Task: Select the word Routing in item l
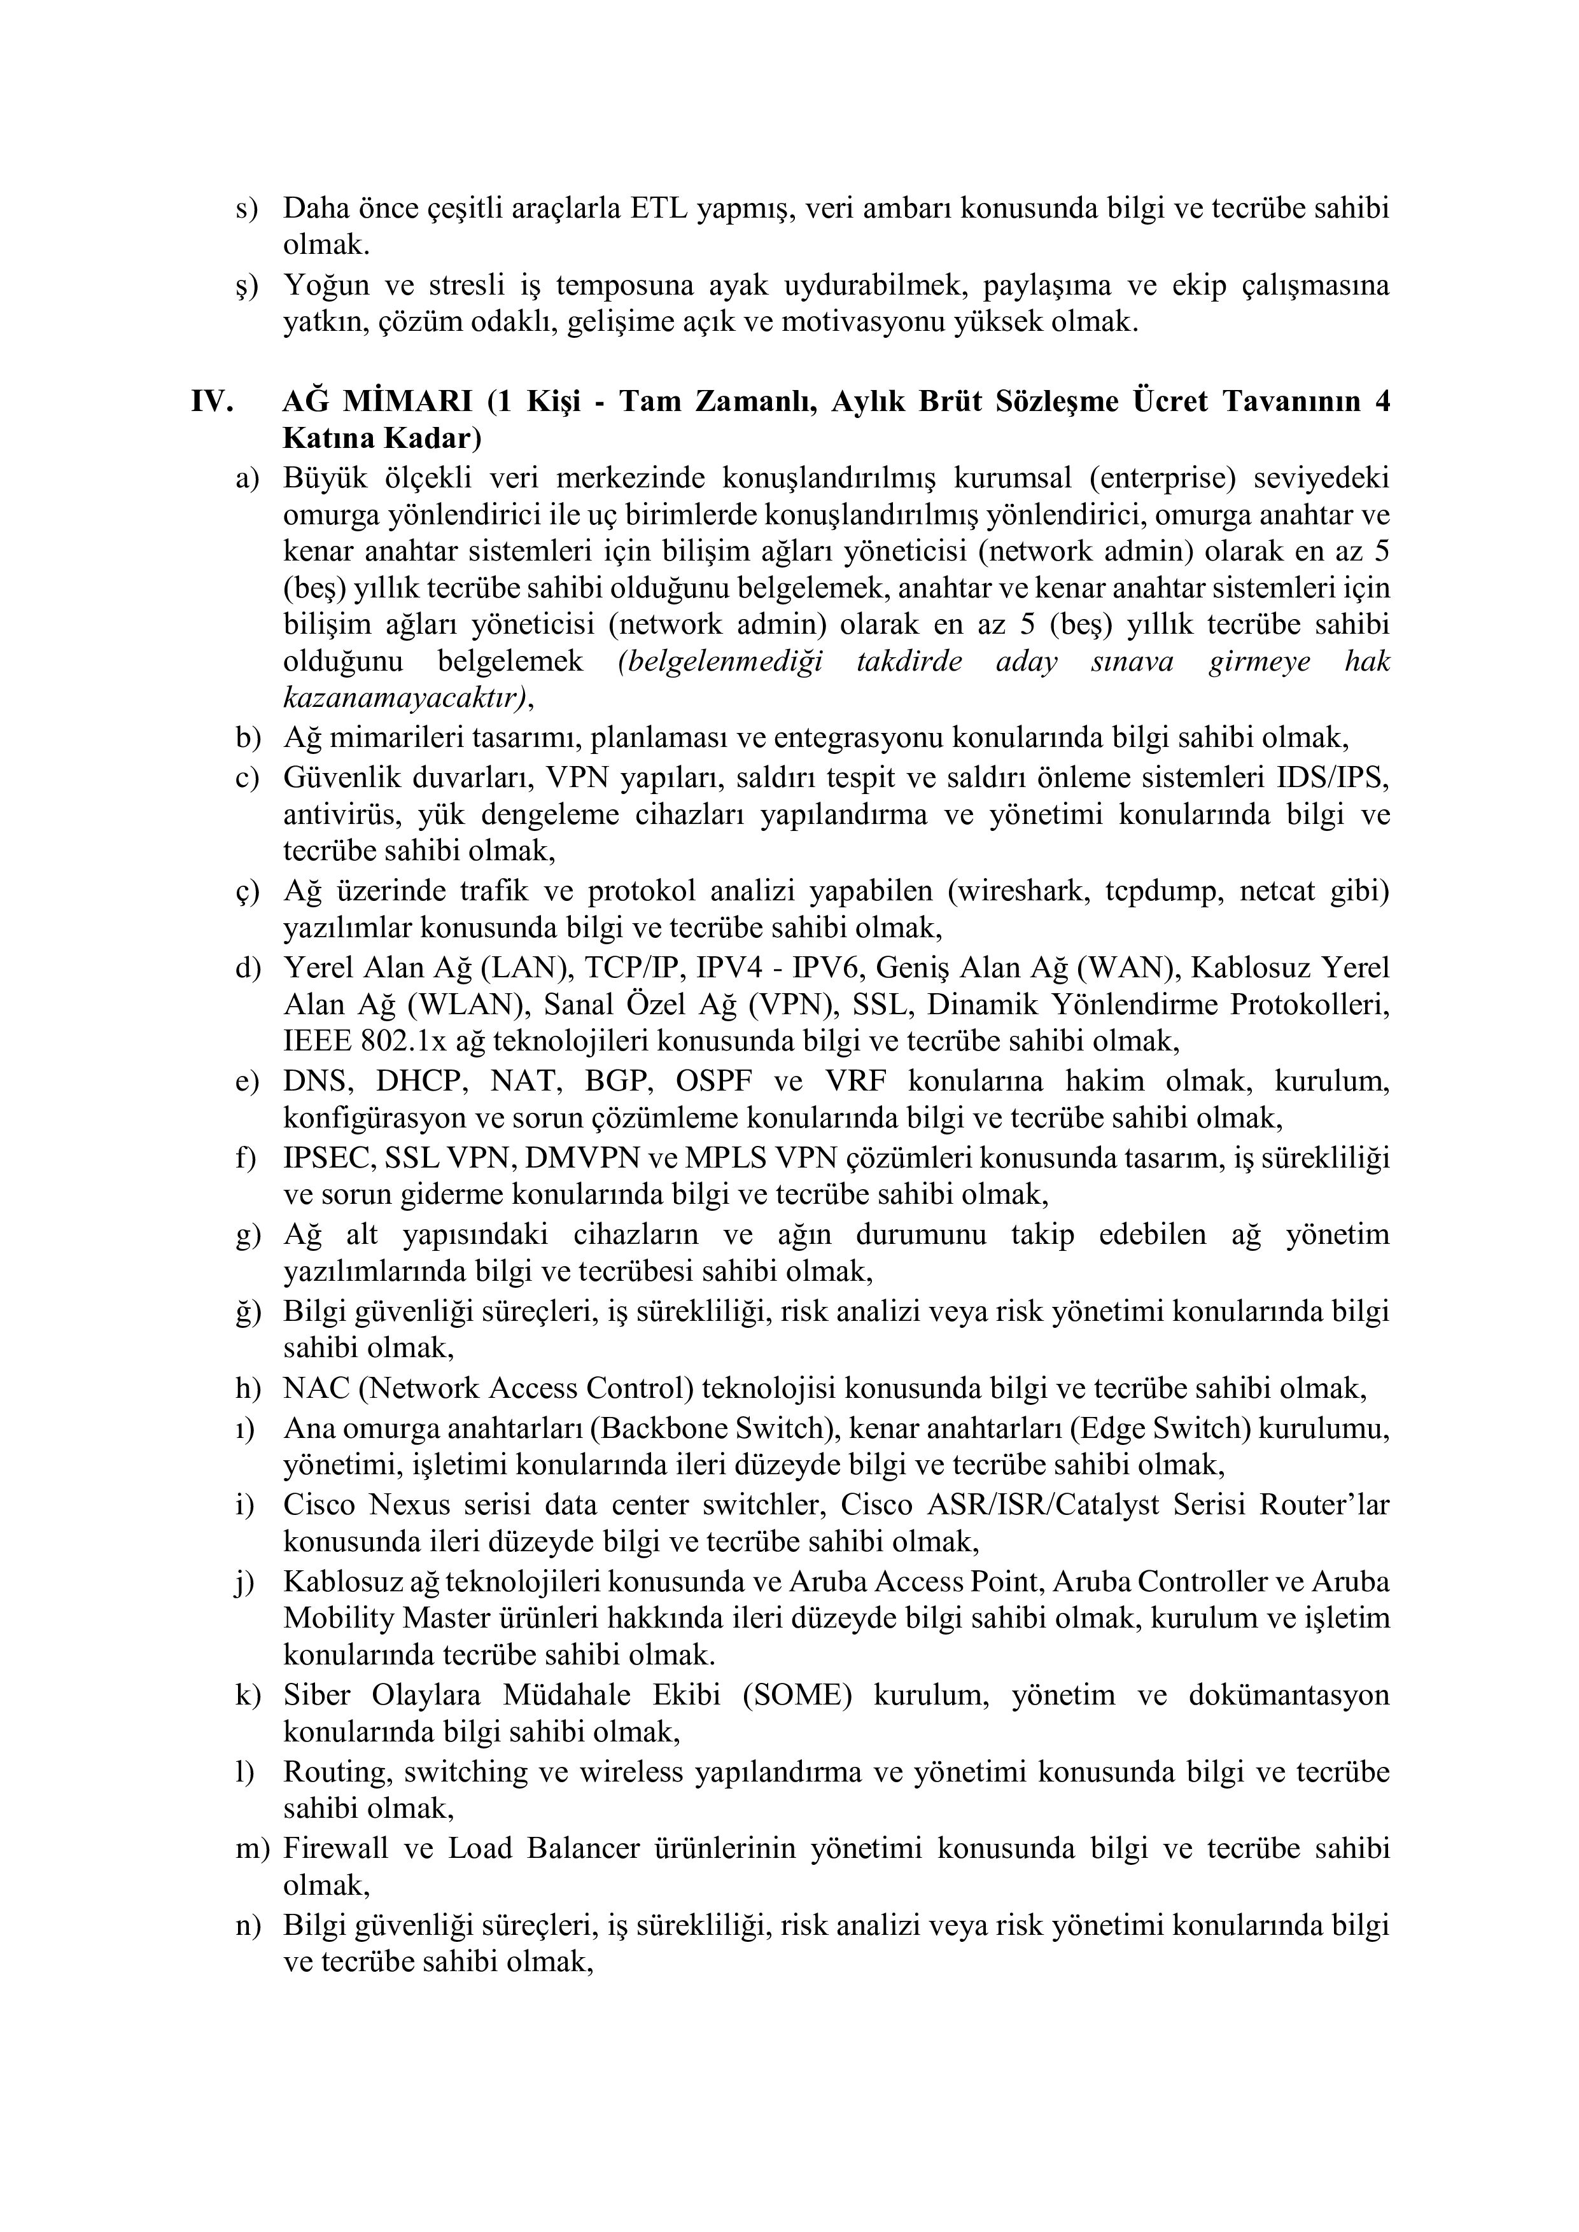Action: click(x=337, y=1772)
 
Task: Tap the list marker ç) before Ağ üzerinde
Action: click(x=248, y=891)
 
